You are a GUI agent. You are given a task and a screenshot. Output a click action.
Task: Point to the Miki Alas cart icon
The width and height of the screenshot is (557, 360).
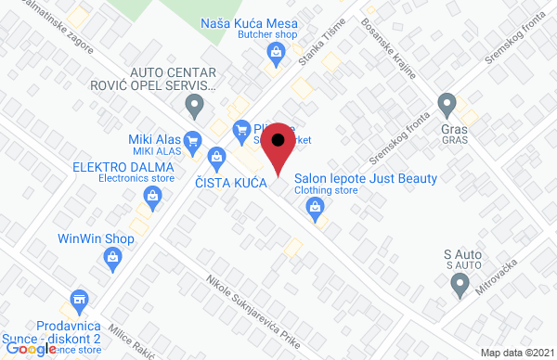193,141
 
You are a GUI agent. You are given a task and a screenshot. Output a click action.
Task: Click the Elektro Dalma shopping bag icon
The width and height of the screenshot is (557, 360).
151,196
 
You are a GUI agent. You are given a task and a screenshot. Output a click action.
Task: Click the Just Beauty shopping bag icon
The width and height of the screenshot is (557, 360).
316,212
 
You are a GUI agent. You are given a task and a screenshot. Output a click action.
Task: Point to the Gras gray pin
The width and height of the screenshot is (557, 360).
447,103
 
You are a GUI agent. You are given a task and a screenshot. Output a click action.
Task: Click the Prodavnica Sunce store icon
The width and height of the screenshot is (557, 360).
78,302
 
